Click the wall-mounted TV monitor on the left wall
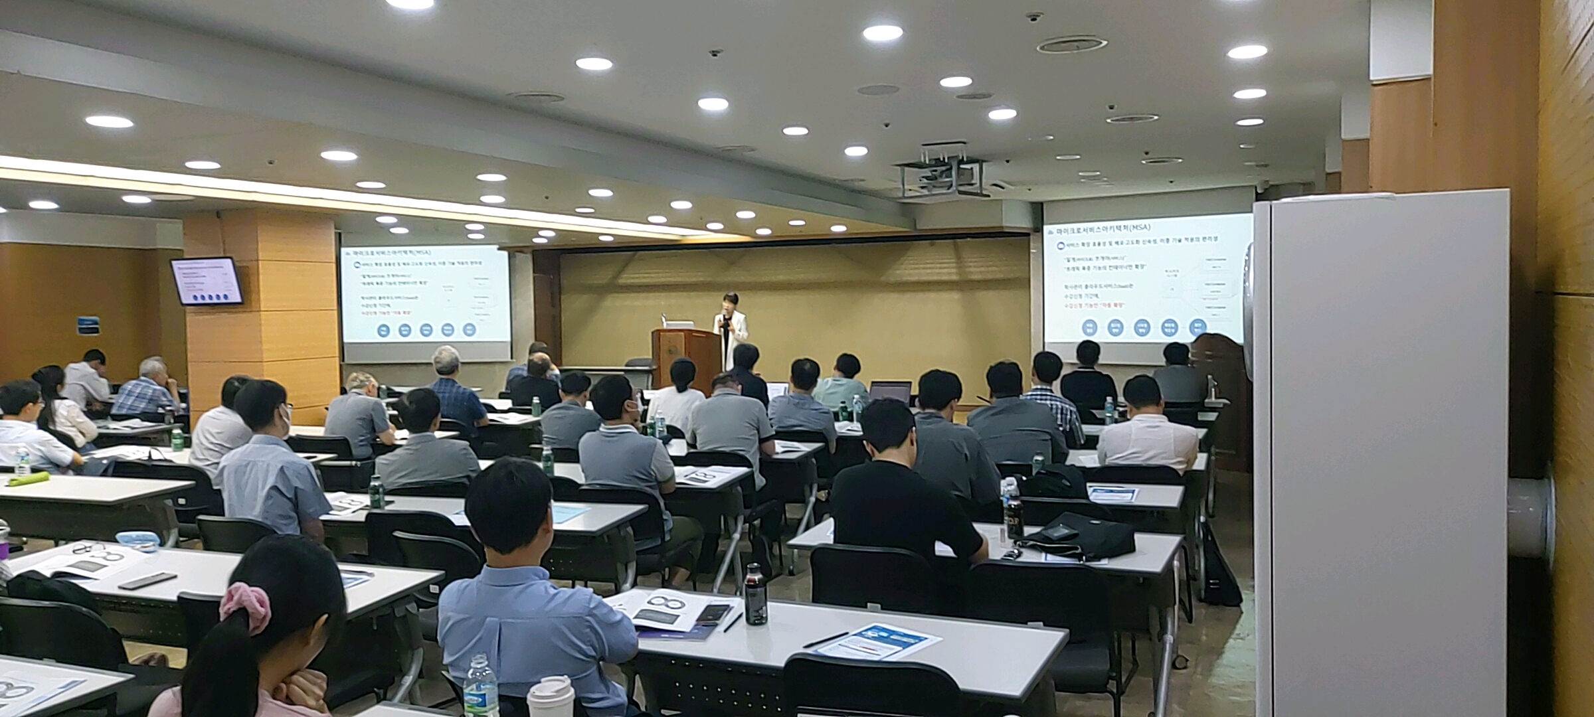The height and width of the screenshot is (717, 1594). [x=207, y=281]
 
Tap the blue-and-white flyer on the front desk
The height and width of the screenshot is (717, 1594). [x=877, y=640]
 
